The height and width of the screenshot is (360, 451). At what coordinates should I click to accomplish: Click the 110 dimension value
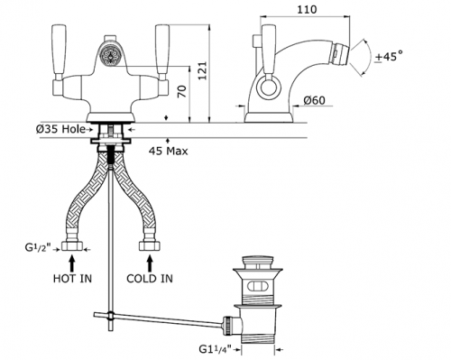307,9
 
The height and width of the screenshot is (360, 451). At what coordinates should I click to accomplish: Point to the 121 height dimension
203,71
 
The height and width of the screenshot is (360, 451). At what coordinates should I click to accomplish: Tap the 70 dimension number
182,91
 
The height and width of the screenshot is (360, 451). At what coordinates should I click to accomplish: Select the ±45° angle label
389,56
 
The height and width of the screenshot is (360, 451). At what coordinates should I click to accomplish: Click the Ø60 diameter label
314,100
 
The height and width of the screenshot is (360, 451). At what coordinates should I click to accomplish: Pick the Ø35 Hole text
60,129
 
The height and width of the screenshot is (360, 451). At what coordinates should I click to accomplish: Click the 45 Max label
168,151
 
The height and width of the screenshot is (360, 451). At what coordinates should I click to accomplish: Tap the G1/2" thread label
38,248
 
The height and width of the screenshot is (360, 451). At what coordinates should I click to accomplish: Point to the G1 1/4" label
216,349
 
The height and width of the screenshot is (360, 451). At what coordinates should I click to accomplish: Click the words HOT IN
72,279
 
